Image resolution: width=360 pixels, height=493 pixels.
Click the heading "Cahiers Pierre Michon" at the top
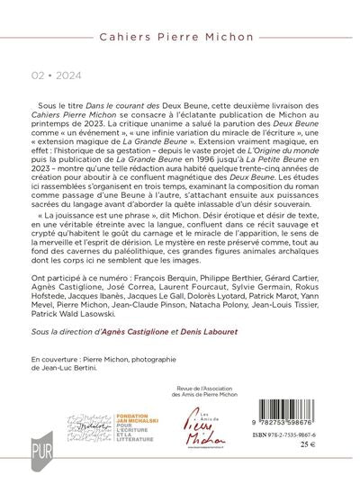click(180, 21)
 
